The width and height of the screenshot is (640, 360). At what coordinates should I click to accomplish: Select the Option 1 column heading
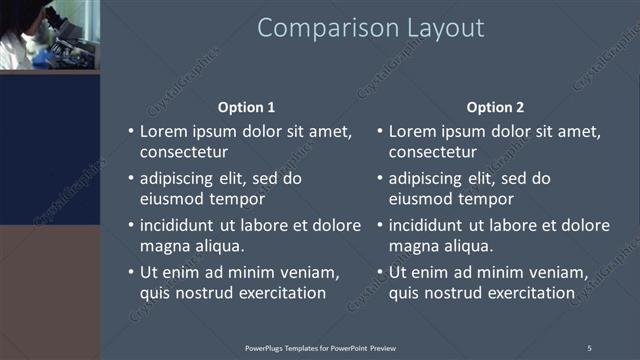[x=246, y=107]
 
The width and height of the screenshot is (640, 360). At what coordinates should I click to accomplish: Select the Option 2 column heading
[x=495, y=107]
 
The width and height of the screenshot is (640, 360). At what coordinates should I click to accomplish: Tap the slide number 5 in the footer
[x=589, y=348]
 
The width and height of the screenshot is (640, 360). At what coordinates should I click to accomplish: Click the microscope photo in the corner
[x=49, y=35]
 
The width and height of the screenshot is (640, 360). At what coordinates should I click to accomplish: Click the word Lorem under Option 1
[x=164, y=131]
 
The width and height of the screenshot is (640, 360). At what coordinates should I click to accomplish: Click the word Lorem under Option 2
[x=413, y=131]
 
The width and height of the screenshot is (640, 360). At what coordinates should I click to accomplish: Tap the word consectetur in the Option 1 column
[x=183, y=153]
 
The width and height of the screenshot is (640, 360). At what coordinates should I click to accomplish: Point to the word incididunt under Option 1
[x=183, y=225]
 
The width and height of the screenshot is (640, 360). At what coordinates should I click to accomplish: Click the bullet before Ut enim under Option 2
[x=380, y=272]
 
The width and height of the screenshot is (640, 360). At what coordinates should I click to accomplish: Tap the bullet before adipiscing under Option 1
[x=131, y=179]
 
